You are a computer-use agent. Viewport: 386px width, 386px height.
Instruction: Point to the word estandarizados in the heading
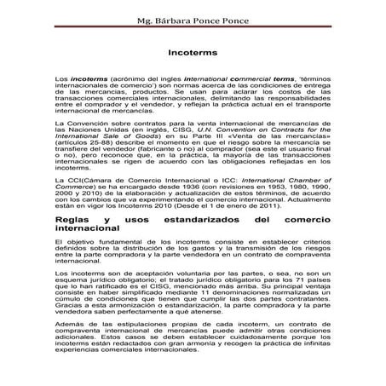pos(207,219)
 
